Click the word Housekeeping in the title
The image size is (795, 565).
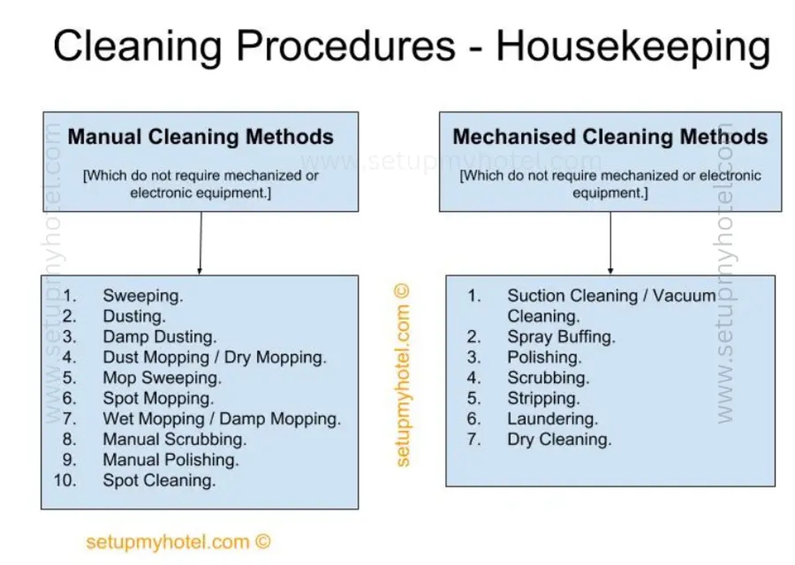pos(633,48)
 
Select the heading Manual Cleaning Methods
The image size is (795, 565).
pos(201,137)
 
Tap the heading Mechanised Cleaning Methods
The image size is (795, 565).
pos(610,137)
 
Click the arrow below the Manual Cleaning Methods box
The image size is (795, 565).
pos(201,243)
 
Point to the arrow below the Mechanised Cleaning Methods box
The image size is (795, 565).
pos(610,243)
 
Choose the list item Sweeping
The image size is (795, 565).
pos(143,295)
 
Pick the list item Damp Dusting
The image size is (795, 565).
pos(160,336)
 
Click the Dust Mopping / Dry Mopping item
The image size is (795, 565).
pos(215,358)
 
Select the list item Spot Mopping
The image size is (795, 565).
pos(158,398)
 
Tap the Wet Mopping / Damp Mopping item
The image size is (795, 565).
pos(222,419)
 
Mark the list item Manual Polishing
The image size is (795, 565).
pos(171,460)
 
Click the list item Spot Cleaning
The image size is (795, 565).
pos(160,480)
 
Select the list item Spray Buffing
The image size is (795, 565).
pos(561,336)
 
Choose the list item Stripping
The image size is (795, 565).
pos(543,398)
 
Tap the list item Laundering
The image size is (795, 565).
pos(553,419)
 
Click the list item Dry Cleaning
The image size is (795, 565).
pos(559,440)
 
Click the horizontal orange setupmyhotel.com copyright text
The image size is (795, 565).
pos(178,542)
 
